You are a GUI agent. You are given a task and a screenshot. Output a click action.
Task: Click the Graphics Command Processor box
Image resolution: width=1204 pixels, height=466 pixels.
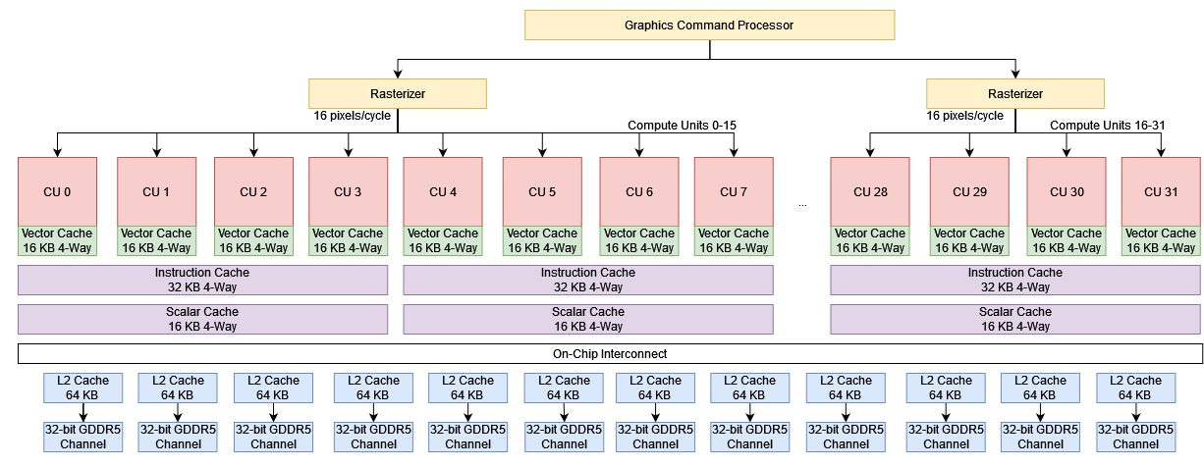(x=709, y=25)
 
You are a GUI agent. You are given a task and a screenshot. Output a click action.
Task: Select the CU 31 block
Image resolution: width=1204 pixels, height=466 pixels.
(x=1160, y=190)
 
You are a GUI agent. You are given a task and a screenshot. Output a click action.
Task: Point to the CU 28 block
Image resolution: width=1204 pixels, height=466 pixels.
(x=870, y=190)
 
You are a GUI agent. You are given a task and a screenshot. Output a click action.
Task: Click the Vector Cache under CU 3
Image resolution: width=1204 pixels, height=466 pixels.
(x=349, y=240)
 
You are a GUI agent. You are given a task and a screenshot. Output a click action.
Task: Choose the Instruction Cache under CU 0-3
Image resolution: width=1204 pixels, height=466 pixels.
(x=203, y=280)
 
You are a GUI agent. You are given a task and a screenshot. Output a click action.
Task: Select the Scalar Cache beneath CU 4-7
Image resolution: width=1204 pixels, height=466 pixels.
(x=587, y=319)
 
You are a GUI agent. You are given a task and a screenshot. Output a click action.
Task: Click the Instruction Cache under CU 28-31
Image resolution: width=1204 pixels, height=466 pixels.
(x=1014, y=280)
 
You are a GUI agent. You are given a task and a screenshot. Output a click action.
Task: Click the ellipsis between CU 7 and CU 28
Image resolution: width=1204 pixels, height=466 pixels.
(x=803, y=203)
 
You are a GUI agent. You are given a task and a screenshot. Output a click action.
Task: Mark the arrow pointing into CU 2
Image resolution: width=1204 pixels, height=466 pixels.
(x=253, y=145)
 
